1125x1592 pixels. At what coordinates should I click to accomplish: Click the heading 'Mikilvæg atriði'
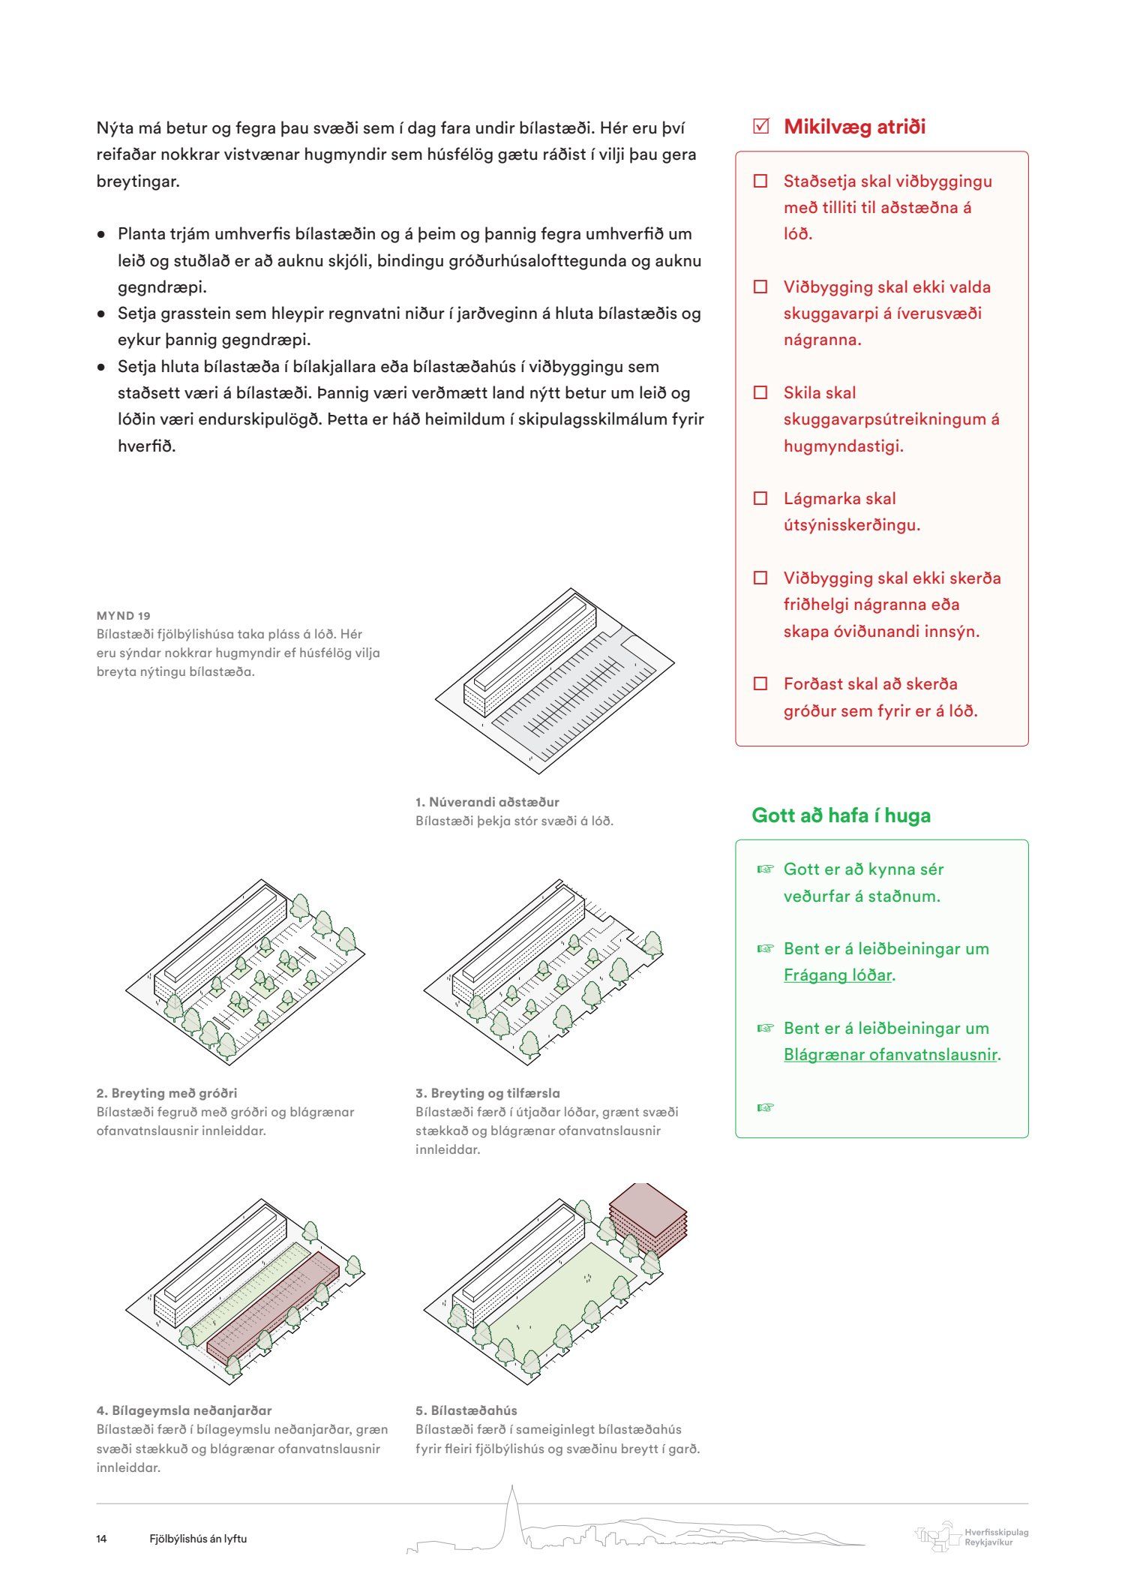(x=854, y=127)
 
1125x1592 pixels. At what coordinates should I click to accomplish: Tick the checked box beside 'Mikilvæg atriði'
(x=760, y=126)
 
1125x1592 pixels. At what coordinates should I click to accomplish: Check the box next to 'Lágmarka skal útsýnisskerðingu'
(x=760, y=498)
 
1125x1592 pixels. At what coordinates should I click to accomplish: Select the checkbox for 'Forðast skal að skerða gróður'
(x=760, y=683)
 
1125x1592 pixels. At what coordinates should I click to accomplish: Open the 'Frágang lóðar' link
(x=838, y=975)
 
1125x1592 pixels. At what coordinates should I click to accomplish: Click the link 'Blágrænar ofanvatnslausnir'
(x=890, y=1055)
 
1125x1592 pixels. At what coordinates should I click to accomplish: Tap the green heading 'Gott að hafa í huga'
(x=841, y=816)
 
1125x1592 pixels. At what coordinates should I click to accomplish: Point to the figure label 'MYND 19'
(x=124, y=616)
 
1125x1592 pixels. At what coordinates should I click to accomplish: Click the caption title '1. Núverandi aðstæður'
(x=487, y=802)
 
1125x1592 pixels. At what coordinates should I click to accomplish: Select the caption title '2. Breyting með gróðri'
(x=166, y=1093)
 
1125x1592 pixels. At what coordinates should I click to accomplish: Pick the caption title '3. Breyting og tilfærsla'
(x=487, y=1093)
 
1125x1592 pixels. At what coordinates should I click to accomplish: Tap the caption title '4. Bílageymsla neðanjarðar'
(x=184, y=1410)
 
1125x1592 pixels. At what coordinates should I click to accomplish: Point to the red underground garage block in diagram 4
(x=274, y=1305)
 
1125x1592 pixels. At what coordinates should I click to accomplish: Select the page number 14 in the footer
(x=101, y=1539)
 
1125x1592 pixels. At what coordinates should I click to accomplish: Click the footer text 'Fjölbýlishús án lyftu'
(x=198, y=1539)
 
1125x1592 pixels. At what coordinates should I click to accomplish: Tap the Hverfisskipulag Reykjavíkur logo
(x=971, y=1537)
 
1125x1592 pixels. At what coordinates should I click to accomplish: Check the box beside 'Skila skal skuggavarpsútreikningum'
(x=760, y=392)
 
